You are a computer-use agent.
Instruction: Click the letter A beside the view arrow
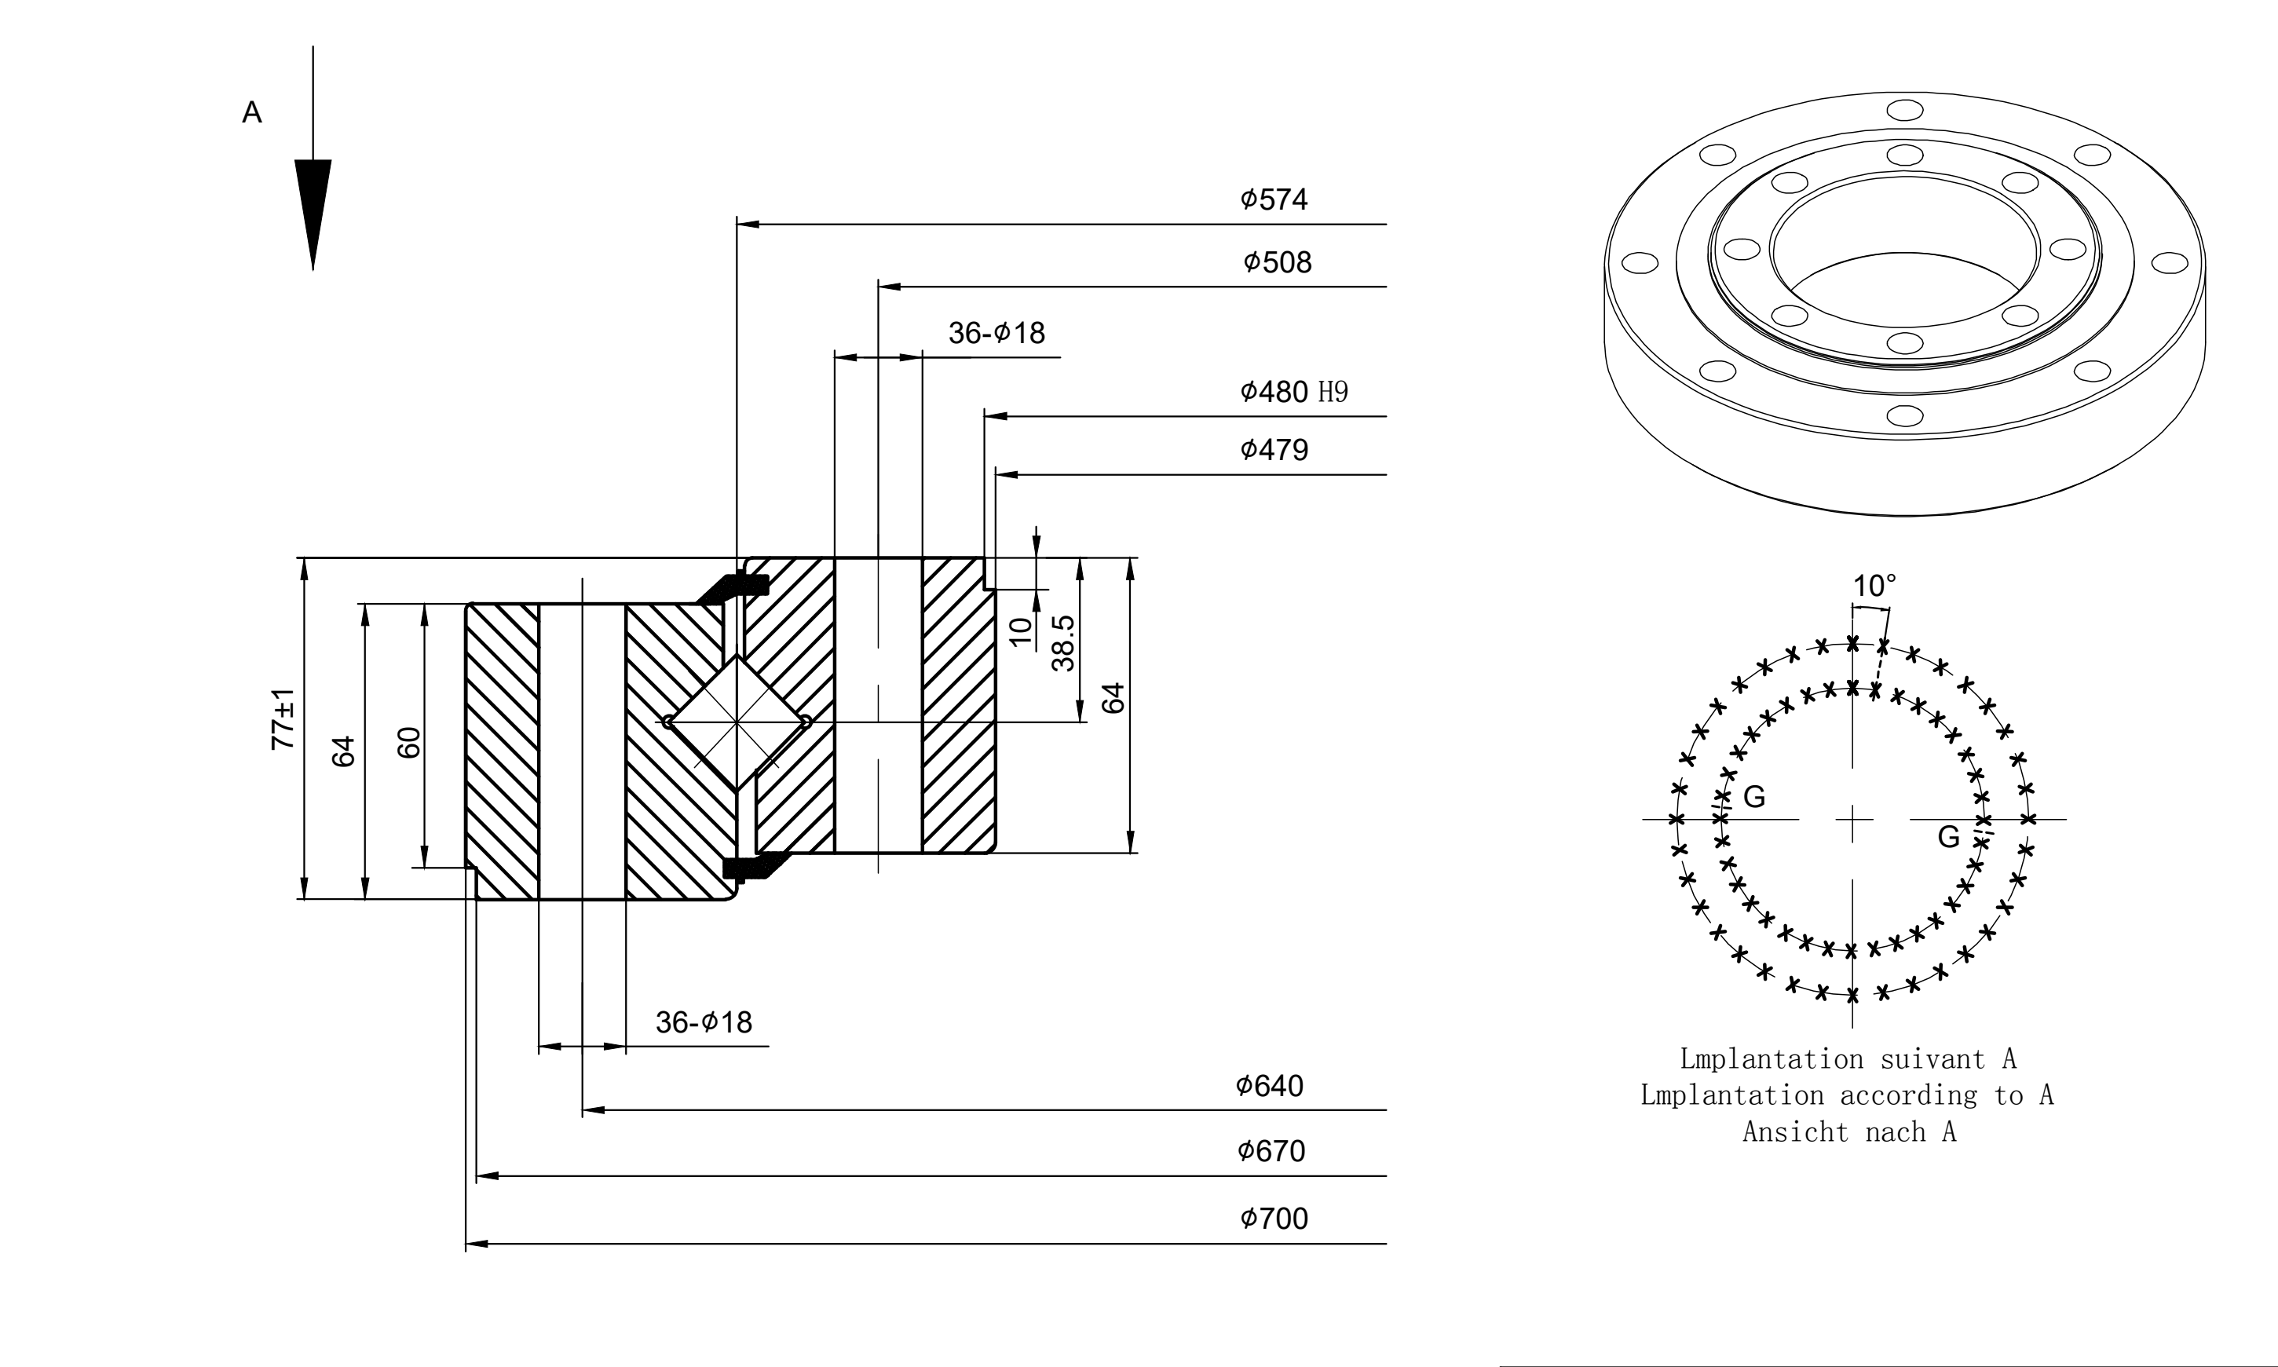[x=251, y=112]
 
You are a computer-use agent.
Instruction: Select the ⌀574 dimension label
[x=1274, y=199]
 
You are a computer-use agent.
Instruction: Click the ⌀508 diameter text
[x=1277, y=262]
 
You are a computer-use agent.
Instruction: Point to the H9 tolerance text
[x=1333, y=393]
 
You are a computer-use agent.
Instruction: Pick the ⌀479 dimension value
[x=1274, y=450]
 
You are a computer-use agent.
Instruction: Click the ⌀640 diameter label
[x=1269, y=1086]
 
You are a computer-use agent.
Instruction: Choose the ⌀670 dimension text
[x=1271, y=1151]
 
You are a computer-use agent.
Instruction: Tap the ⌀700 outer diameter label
[x=1274, y=1219]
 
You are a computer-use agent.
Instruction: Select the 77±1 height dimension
[x=283, y=718]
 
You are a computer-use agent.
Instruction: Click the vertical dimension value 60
[x=409, y=743]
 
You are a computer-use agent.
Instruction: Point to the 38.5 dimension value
[x=1063, y=643]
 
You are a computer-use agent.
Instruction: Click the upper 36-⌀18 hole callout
[x=996, y=333]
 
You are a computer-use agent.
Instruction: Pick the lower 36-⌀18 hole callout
[x=704, y=1022]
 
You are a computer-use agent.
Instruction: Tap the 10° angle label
[x=1874, y=586]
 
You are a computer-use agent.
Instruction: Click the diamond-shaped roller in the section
[x=737, y=722]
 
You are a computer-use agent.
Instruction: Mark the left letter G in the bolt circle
[x=1755, y=797]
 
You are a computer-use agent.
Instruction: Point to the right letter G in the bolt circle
[x=1948, y=836]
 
